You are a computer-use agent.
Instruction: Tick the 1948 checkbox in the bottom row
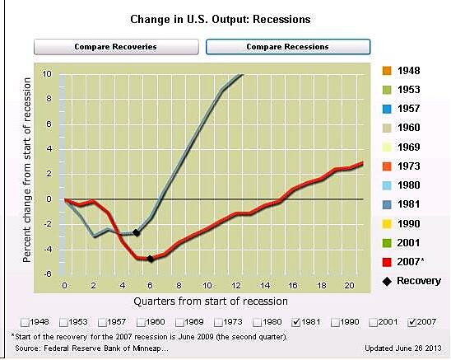tap(24, 321)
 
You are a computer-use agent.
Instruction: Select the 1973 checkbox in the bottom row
tap(216, 321)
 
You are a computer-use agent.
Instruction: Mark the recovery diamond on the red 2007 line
tap(150, 259)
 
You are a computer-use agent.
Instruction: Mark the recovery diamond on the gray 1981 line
tap(136, 233)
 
